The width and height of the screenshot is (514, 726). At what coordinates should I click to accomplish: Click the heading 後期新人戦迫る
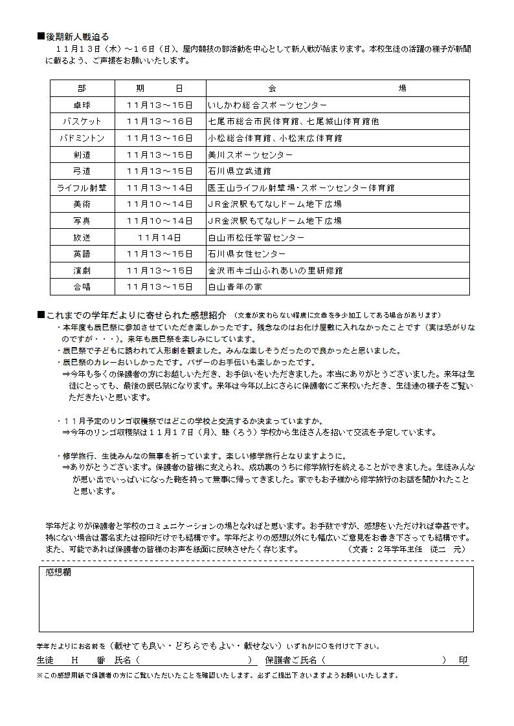pos(77,37)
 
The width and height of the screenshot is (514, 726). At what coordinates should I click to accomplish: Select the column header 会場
pos(337,88)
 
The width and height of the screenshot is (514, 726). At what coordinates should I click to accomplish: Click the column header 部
pos(82,88)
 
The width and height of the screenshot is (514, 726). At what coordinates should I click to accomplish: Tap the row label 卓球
pos(82,105)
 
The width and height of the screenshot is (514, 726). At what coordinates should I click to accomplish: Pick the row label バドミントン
pos(82,138)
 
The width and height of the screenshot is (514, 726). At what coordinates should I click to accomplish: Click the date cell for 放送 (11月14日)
pos(160,237)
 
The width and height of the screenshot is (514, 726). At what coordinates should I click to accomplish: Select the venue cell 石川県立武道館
pos(240,171)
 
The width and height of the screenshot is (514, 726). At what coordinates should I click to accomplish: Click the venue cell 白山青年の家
pos(235,286)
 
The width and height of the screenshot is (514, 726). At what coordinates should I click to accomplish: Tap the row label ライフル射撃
pos(82,187)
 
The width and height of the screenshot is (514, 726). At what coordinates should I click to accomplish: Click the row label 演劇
pos(82,270)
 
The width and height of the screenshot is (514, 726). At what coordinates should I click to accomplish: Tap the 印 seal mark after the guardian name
pos(464,660)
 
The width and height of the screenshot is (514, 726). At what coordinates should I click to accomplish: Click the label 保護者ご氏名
pos(291,660)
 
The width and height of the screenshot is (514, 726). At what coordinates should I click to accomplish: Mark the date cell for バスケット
pos(160,122)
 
